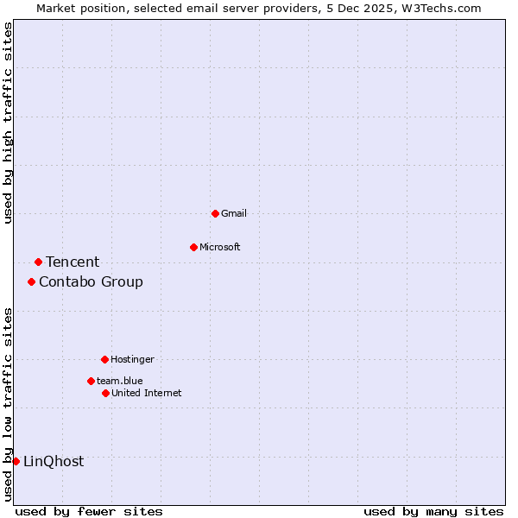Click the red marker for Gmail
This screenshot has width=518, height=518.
pos(215,213)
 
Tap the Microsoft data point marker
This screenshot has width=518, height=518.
pos(193,247)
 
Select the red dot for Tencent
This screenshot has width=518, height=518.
pos(38,262)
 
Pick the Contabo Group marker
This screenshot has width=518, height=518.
pos(31,281)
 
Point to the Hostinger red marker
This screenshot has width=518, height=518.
pos(104,359)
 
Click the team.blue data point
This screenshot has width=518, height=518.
pos(91,381)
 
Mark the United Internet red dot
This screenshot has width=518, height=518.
pos(105,393)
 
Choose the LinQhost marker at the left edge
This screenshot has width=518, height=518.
pos(16,461)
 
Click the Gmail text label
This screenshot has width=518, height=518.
pos(234,213)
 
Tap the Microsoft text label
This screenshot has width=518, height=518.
pos(220,247)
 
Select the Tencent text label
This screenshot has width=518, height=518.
pos(73,262)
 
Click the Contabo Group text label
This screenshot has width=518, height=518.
pos(91,281)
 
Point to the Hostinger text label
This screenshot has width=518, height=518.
pos(132,359)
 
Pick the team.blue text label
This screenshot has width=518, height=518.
pos(120,381)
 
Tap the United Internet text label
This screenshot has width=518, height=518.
pos(147,393)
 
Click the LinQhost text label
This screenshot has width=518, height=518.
pos(54,461)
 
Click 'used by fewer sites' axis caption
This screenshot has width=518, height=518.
pos(89,511)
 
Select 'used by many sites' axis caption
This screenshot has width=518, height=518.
pos(433,511)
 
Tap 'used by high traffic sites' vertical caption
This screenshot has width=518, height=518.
pos(9,123)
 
